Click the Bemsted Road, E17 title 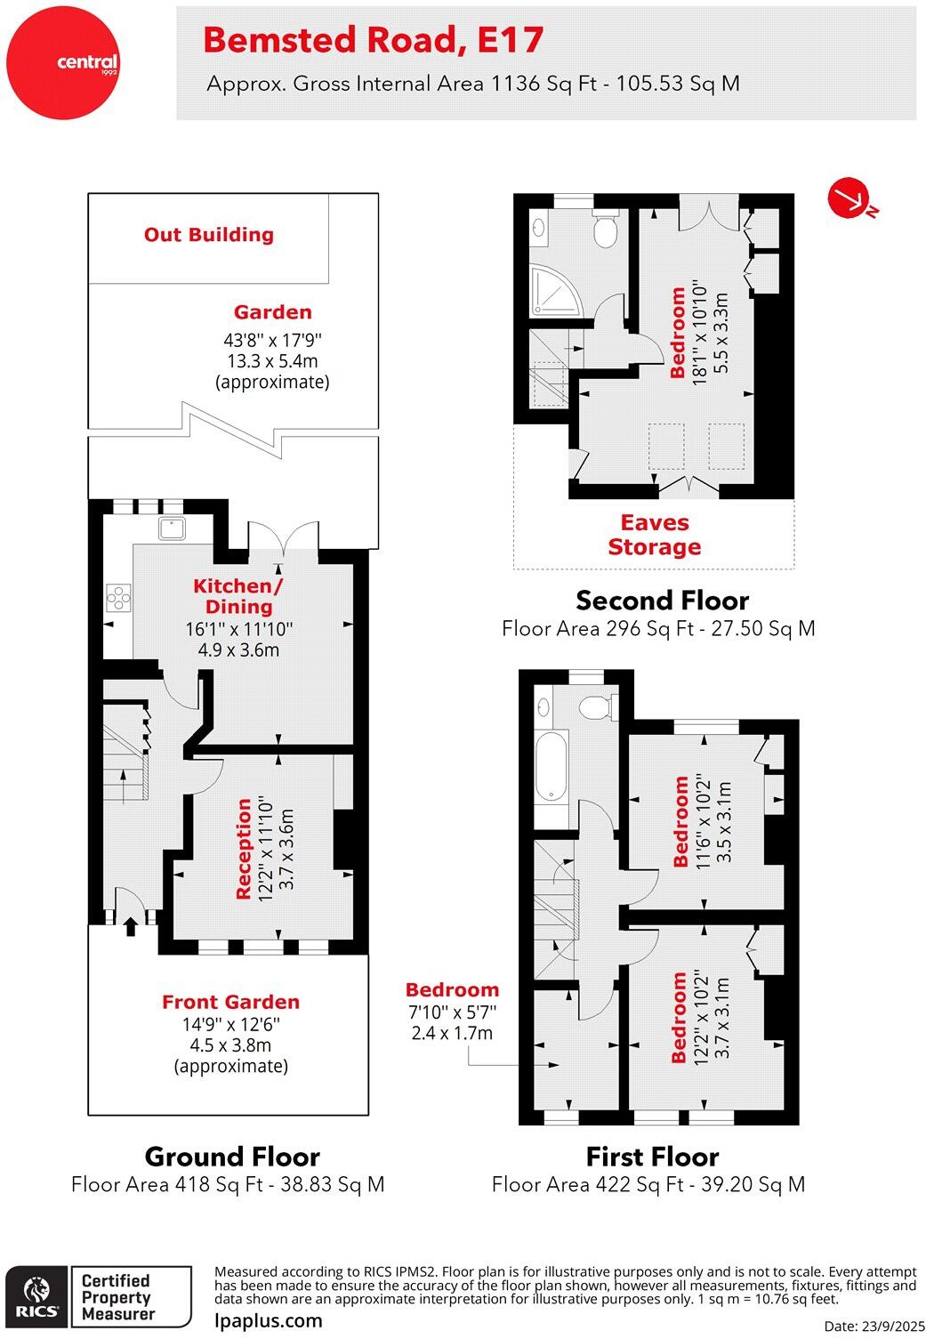tap(373, 40)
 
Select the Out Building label tap(209, 235)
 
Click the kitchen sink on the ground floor tap(173, 528)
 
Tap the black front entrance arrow tap(131, 926)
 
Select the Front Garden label tap(230, 1002)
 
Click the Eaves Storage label tap(655, 535)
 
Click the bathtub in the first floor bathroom tap(552, 766)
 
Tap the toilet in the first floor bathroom tap(595, 707)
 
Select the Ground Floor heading tap(231, 1157)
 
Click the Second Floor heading tap(662, 601)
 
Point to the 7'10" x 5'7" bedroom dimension tap(452, 1012)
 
